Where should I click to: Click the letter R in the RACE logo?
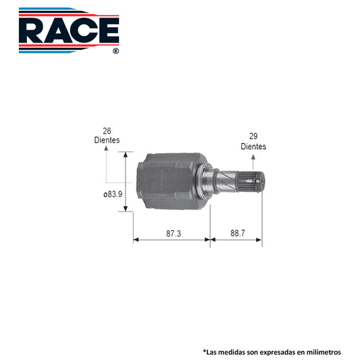tap(32, 30)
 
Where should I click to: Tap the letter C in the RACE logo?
tap(84, 30)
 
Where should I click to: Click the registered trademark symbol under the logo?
tap(115, 51)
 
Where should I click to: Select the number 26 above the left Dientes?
tap(107, 131)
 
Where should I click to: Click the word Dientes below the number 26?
tap(107, 140)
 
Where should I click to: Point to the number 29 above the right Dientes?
tap(253, 136)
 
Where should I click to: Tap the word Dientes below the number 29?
tap(253, 147)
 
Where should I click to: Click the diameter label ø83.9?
tap(113, 195)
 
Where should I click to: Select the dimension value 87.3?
tap(174, 234)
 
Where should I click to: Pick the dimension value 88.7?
tap(238, 233)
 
